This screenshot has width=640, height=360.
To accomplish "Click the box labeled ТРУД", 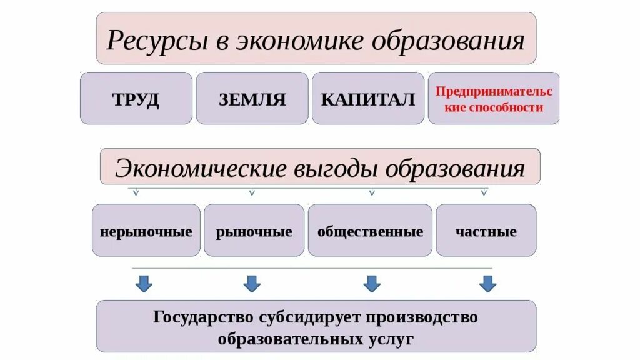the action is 136,99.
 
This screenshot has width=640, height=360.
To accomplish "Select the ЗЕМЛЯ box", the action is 252,99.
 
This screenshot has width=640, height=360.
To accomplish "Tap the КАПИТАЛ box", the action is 368,99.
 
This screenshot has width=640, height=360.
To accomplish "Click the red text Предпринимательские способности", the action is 494,99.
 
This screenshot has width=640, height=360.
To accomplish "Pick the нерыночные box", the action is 146,231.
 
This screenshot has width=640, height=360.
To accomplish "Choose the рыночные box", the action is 254,231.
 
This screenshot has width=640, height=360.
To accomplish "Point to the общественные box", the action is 370,231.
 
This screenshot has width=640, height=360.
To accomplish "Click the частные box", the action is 486,231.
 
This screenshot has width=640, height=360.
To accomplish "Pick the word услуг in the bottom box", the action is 391,339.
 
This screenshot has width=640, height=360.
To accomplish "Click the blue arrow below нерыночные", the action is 144,284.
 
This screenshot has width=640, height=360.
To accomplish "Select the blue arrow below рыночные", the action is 251,284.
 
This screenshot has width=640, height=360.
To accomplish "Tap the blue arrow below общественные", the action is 372,284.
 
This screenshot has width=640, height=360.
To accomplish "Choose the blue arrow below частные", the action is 488,284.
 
